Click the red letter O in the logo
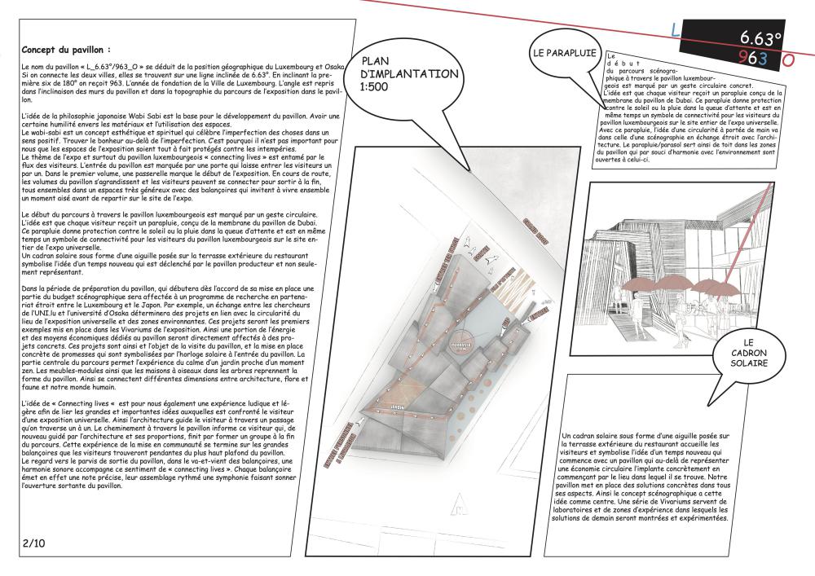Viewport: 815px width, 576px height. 787,59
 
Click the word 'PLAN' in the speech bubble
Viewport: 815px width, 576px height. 376,60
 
